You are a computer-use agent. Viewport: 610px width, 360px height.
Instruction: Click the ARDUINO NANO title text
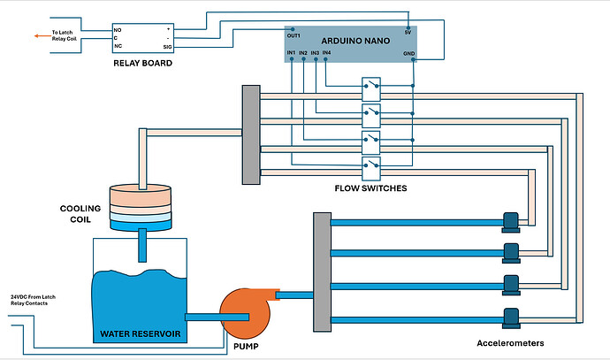pos(350,40)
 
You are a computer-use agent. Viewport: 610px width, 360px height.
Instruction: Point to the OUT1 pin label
pos(294,36)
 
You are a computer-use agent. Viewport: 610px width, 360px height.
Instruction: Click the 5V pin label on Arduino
pos(407,33)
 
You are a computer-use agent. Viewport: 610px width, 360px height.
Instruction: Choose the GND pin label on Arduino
pos(408,53)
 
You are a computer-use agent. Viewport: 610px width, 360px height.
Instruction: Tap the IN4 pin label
pos(326,53)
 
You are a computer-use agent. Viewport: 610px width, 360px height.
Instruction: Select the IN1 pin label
pos(292,53)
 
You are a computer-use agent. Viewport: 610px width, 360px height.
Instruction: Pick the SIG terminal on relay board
pos(167,46)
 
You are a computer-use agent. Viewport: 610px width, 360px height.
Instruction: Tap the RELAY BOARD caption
pos(142,64)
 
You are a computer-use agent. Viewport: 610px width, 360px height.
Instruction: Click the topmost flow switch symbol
pos(371,86)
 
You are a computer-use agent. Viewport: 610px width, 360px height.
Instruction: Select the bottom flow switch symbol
pos(371,165)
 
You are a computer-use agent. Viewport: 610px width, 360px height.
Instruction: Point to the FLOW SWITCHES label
pos(371,188)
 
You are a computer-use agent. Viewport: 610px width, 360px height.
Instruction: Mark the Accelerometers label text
pos(508,342)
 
